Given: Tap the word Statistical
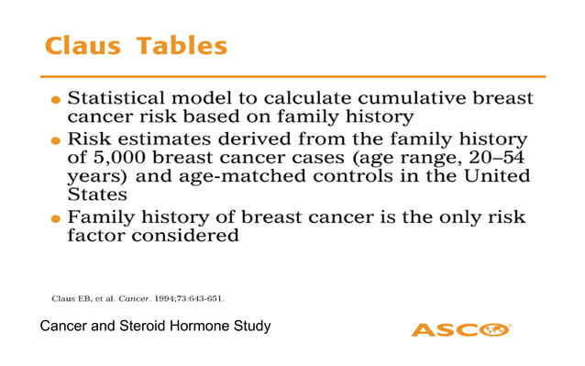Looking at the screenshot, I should (x=125, y=97).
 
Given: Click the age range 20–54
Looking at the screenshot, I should (x=497, y=159).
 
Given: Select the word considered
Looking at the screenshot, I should (x=190, y=237).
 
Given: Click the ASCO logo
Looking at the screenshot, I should (x=460, y=328).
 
